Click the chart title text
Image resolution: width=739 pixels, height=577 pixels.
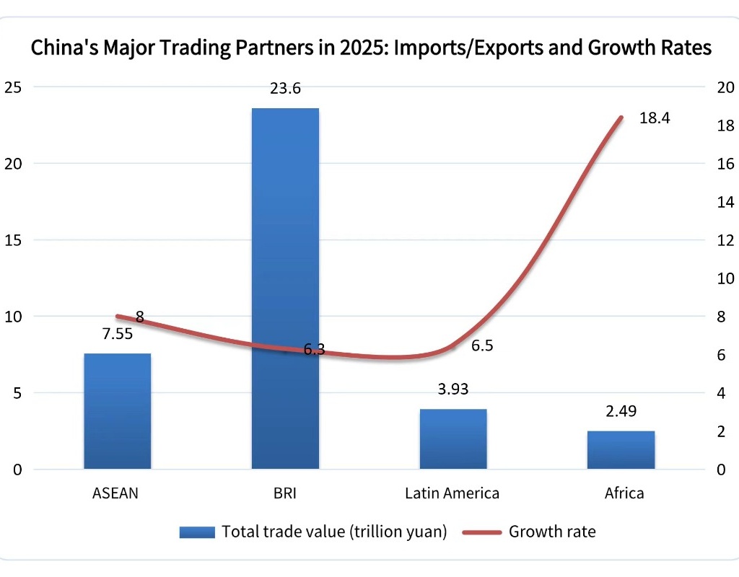click(x=371, y=48)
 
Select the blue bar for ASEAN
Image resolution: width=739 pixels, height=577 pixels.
click(x=118, y=411)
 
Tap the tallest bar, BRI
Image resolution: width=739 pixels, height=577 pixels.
click(x=285, y=288)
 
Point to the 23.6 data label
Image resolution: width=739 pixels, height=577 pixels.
click(x=285, y=89)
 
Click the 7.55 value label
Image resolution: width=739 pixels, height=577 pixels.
click(x=117, y=333)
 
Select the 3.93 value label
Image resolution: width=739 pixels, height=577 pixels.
click(x=453, y=389)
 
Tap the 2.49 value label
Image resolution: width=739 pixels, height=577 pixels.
click(x=621, y=411)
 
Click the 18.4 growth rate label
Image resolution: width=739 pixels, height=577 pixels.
click(x=655, y=118)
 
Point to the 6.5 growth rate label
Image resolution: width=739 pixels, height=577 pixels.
click(x=482, y=346)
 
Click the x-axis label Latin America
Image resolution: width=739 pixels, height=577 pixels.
click(x=452, y=494)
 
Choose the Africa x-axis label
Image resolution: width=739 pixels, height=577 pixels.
click(x=624, y=494)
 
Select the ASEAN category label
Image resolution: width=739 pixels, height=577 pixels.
click(x=115, y=494)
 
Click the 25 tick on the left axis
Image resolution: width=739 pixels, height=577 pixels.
click(x=14, y=87)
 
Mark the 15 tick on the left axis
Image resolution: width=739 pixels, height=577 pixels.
click(x=14, y=240)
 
